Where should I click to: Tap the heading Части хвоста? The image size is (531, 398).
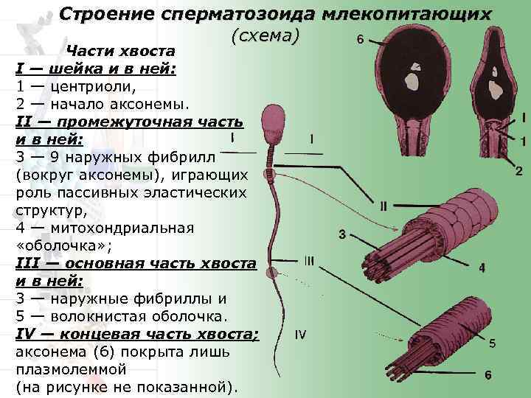click(120, 52)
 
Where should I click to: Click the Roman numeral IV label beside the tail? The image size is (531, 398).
click(300, 335)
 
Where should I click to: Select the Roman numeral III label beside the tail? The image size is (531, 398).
click(309, 260)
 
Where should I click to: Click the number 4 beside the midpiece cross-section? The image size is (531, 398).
click(482, 268)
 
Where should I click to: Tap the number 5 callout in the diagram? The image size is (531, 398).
click(492, 343)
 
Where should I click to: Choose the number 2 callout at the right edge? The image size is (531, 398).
click(519, 172)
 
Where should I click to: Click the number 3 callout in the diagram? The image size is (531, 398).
click(342, 235)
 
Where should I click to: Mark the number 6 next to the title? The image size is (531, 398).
click(359, 40)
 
